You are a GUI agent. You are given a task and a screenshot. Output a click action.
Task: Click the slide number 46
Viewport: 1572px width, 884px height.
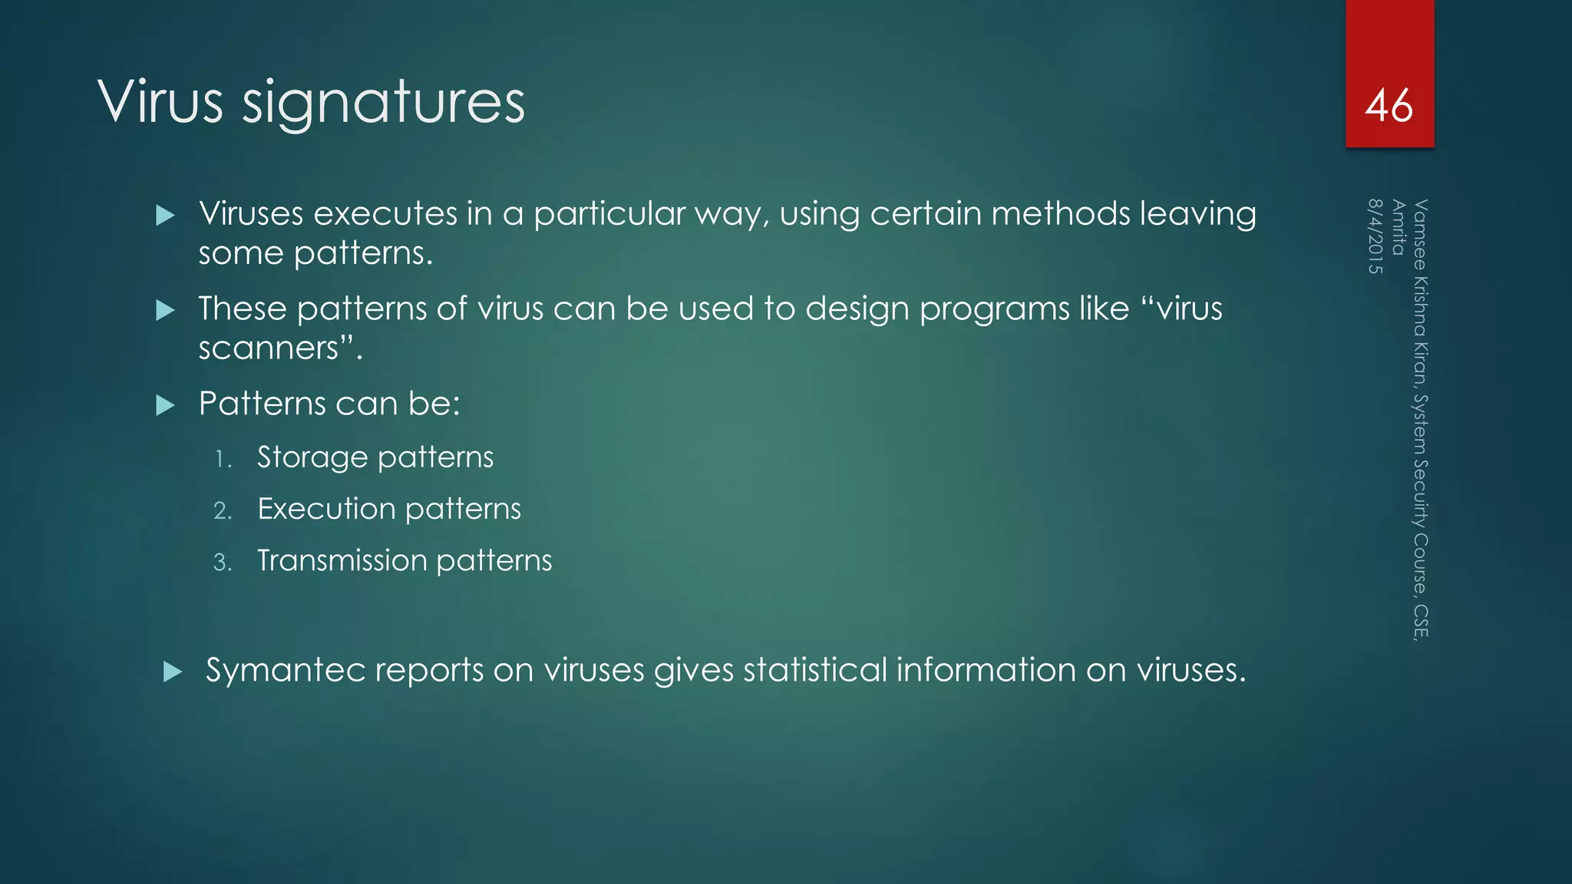[x=1389, y=105]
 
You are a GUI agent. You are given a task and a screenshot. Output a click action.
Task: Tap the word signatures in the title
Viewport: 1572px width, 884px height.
[x=383, y=104]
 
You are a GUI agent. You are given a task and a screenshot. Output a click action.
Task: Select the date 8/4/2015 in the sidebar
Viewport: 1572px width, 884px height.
[x=1375, y=236]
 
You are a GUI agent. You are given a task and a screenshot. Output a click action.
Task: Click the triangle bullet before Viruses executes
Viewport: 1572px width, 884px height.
[x=165, y=216]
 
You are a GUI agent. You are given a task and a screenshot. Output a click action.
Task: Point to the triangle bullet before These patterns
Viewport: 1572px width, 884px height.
[x=165, y=311]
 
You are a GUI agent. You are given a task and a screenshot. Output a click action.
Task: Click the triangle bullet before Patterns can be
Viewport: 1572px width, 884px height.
[x=165, y=405]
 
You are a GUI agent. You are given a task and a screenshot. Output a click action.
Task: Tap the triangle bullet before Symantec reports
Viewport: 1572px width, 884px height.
[x=173, y=672]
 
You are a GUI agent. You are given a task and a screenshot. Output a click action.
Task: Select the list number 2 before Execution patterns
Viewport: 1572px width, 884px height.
[x=223, y=511]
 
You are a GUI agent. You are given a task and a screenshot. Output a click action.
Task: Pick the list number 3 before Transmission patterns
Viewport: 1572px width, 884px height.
[x=223, y=562]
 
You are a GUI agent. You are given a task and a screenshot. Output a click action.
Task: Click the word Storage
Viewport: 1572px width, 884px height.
[x=312, y=457]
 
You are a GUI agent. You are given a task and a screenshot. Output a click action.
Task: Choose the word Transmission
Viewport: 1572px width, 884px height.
[x=342, y=560]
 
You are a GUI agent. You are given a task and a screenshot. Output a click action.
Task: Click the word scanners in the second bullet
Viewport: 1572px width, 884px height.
[x=268, y=349]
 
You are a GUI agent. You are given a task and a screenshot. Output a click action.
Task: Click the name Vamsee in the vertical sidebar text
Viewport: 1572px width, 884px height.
[x=1421, y=234]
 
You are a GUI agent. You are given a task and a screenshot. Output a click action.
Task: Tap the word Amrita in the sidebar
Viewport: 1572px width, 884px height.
[x=1399, y=227]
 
